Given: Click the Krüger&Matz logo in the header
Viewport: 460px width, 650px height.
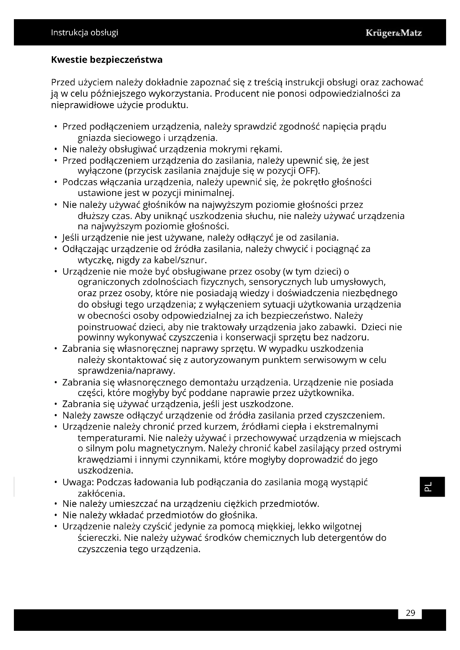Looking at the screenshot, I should pos(394,33).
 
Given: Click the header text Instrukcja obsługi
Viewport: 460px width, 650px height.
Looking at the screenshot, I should pos(85,33).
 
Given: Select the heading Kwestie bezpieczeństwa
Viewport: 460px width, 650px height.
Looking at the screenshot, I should pos(107,60).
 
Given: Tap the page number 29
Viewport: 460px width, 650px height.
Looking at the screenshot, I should pos(410,613).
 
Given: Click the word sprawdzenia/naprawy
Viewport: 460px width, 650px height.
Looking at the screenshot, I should pos(126,371).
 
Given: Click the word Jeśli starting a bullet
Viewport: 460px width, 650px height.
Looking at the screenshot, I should pos(71,237).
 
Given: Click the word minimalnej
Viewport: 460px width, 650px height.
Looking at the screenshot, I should pos(209,193).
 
